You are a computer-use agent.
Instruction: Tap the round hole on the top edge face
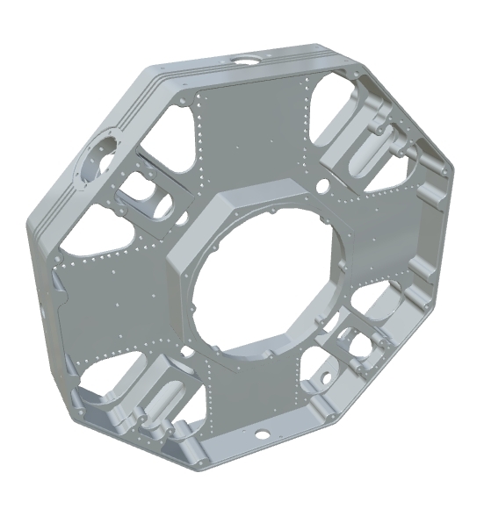243,59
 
